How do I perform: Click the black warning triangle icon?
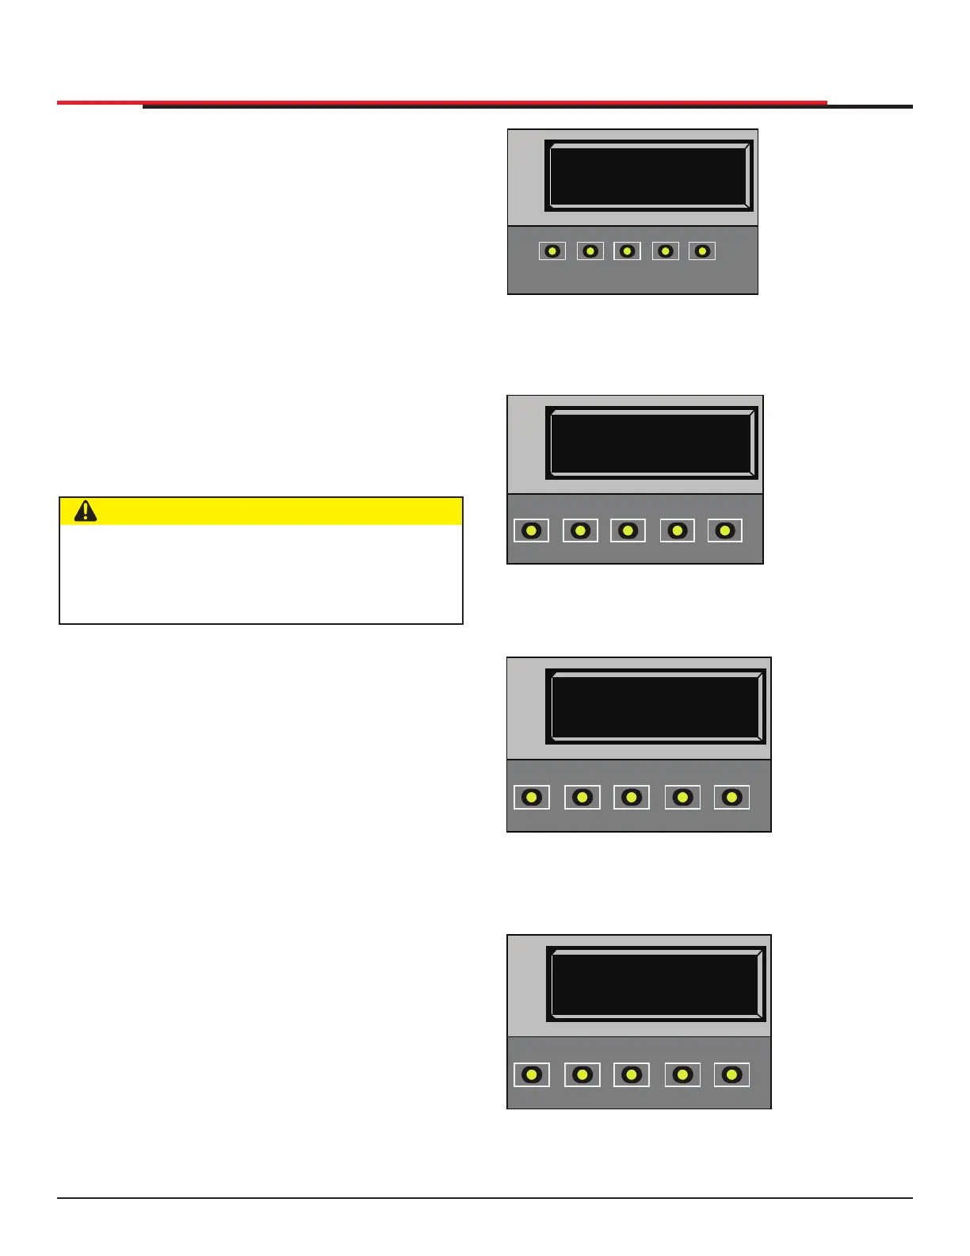pyautogui.click(x=86, y=511)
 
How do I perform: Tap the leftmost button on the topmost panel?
pyautogui.click(x=552, y=251)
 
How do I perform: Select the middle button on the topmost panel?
pyautogui.click(x=627, y=251)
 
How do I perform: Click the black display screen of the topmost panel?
pyautogui.click(x=649, y=176)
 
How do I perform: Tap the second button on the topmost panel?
pyautogui.click(x=590, y=251)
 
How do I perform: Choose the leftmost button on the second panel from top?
pyautogui.click(x=531, y=530)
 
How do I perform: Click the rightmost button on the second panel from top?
pyautogui.click(x=725, y=530)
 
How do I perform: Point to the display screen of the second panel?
pyautogui.click(x=651, y=443)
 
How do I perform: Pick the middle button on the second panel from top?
pyautogui.click(x=628, y=530)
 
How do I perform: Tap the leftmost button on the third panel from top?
pyautogui.click(x=532, y=797)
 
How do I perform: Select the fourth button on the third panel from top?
pyautogui.click(x=682, y=797)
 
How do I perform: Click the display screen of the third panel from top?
pyautogui.click(x=655, y=706)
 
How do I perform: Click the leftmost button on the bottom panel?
pyautogui.click(x=532, y=1074)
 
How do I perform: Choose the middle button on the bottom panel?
pyautogui.click(x=632, y=1074)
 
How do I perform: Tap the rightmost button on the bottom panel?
pyautogui.click(x=731, y=1074)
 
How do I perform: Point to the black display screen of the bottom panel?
pyautogui.click(x=655, y=984)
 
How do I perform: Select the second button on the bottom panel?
pyautogui.click(x=582, y=1074)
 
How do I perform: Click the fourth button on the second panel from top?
pyautogui.click(x=678, y=530)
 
